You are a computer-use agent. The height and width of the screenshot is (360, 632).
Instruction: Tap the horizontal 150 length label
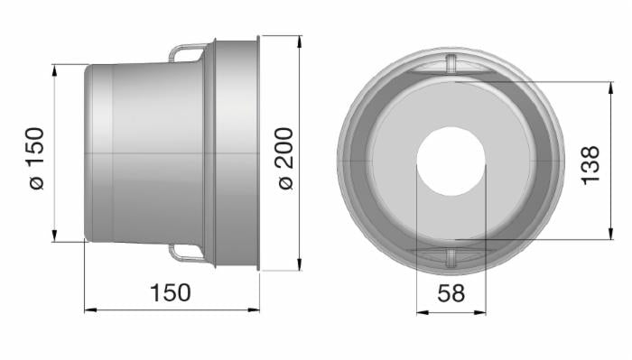(x=171, y=292)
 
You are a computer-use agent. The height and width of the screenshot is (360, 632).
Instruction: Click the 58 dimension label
(x=451, y=292)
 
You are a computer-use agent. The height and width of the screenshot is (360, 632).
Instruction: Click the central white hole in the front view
(x=451, y=162)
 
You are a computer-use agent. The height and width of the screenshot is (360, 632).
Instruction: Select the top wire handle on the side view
(x=186, y=53)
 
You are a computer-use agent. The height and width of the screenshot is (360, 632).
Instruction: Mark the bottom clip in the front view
(x=451, y=259)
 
